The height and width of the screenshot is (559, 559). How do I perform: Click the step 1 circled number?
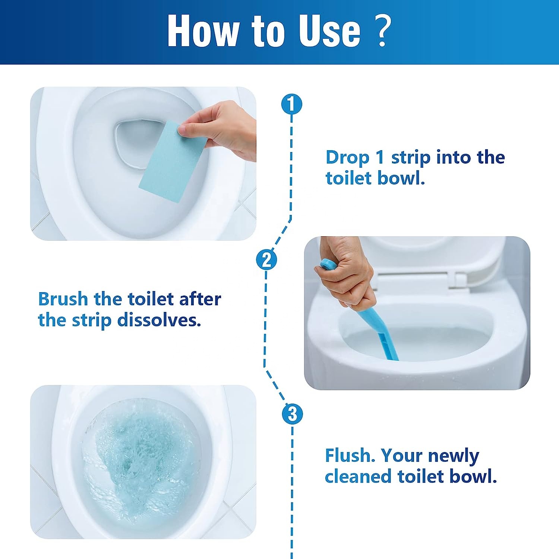tap(291, 104)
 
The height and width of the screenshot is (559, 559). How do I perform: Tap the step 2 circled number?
tap(266, 259)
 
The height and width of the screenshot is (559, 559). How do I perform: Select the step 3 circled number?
tap(293, 414)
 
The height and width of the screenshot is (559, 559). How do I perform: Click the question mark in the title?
tap(382, 31)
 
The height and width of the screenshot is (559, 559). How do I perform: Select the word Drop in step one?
tap(347, 158)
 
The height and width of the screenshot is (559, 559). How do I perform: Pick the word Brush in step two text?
tap(63, 299)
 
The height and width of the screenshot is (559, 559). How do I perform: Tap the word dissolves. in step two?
tap(159, 320)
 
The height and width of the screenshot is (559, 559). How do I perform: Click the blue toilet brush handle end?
tap(327, 264)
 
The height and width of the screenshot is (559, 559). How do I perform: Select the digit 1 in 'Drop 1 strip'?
tap(380, 157)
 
